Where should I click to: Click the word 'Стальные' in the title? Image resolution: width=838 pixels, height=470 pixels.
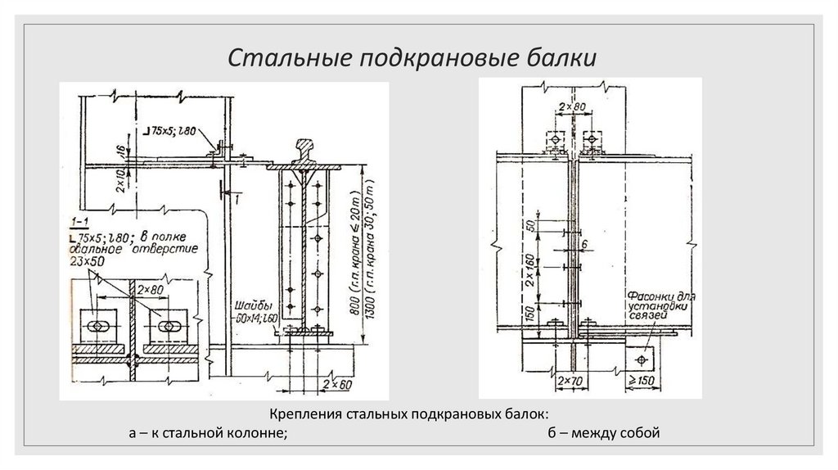[274, 59]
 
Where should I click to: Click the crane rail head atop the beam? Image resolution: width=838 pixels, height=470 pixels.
[309, 150]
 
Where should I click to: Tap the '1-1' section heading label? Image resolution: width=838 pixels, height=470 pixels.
[79, 221]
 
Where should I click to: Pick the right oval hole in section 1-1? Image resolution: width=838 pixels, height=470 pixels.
[171, 326]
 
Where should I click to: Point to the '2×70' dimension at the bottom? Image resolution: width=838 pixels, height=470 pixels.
[568, 381]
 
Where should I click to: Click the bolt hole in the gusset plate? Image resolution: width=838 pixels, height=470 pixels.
[642, 358]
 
